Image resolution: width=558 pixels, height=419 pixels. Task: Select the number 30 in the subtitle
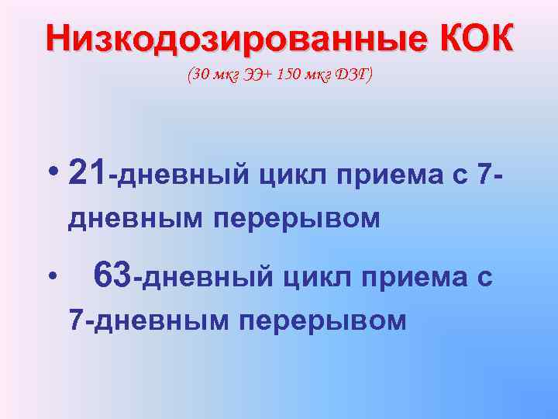coord(199,75)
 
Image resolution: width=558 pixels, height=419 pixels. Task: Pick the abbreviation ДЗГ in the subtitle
coord(351,75)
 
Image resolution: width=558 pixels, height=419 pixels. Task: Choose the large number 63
coord(112,275)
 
